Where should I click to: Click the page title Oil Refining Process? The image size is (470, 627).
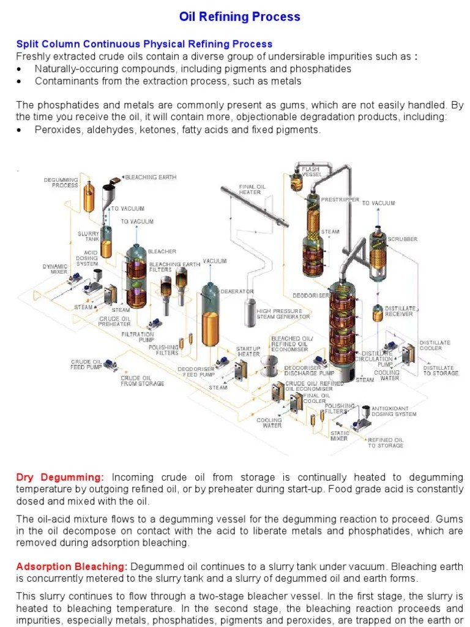[239, 17]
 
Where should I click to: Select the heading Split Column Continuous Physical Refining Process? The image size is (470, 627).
[144, 44]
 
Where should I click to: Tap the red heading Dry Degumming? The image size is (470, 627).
[60, 477]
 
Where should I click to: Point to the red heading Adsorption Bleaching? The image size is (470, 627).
[72, 566]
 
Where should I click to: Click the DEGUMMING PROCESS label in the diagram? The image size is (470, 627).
[61, 182]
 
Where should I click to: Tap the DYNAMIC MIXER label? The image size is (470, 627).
[54, 269]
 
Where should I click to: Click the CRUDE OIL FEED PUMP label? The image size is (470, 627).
[86, 364]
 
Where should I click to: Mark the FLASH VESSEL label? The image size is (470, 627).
[311, 171]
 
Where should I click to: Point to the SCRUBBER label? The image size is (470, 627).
[403, 239]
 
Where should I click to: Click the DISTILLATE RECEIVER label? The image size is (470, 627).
[400, 311]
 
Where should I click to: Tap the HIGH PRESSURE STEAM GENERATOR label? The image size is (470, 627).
[283, 313]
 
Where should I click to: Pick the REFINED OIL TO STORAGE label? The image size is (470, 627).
[385, 442]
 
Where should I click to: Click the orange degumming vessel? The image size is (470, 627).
[89, 196]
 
